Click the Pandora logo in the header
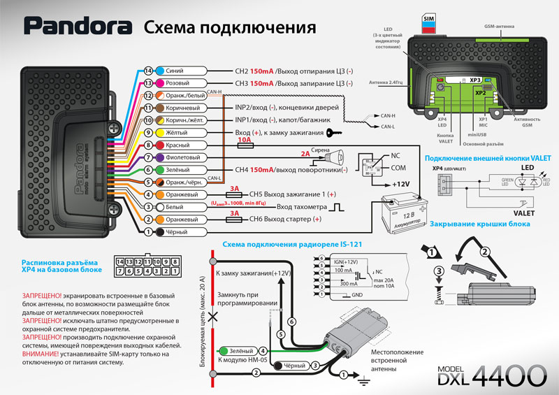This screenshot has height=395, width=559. click(78, 27)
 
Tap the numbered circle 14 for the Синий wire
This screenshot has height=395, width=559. click(148, 71)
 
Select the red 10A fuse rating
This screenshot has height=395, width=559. click(245, 140)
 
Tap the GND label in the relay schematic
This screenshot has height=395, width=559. click(339, 294)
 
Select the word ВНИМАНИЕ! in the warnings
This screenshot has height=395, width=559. click(42, 353)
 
